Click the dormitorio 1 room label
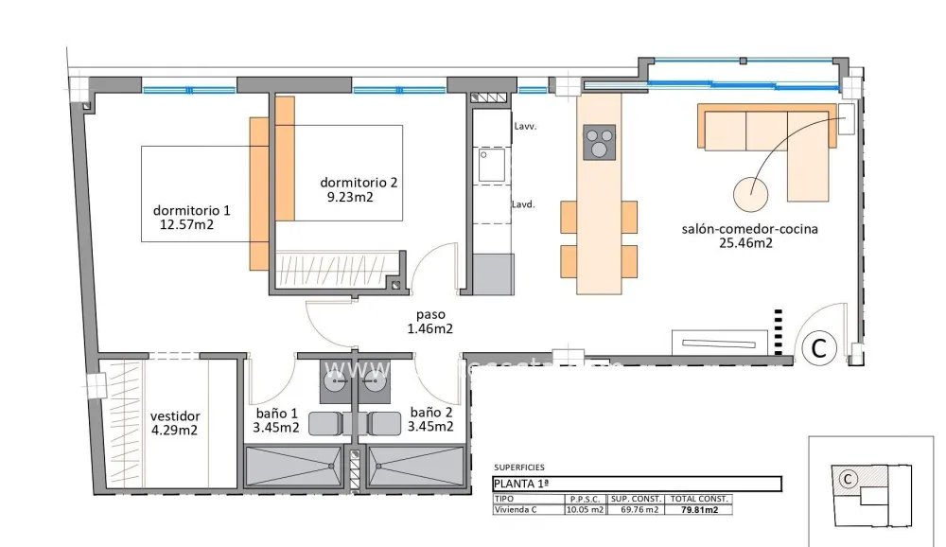pos(191,210)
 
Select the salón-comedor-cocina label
pos(749,229)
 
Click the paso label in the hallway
pos(429,315)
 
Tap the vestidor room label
pos(175,415)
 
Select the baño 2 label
pos(430,413)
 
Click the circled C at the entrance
pos(819,348)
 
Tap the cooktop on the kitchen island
pos(599,143)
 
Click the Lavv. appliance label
pos(525,126)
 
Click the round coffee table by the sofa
pos(752,195)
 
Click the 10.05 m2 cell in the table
pos(585,510)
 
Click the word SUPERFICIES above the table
pos(519,468)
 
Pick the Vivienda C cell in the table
pos(517,510)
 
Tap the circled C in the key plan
pos(848,479)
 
